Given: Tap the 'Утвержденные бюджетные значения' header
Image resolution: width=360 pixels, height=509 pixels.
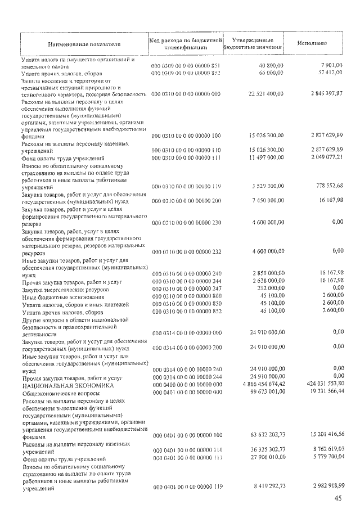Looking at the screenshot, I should click(x=249, y=44).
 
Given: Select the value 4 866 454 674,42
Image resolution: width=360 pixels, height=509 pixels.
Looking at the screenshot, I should click(x=260, y=385).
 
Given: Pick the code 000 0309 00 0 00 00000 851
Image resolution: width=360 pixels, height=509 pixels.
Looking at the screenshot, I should click(x=187, y=66).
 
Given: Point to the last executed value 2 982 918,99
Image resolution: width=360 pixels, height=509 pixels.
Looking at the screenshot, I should click(x=324, y=485).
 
